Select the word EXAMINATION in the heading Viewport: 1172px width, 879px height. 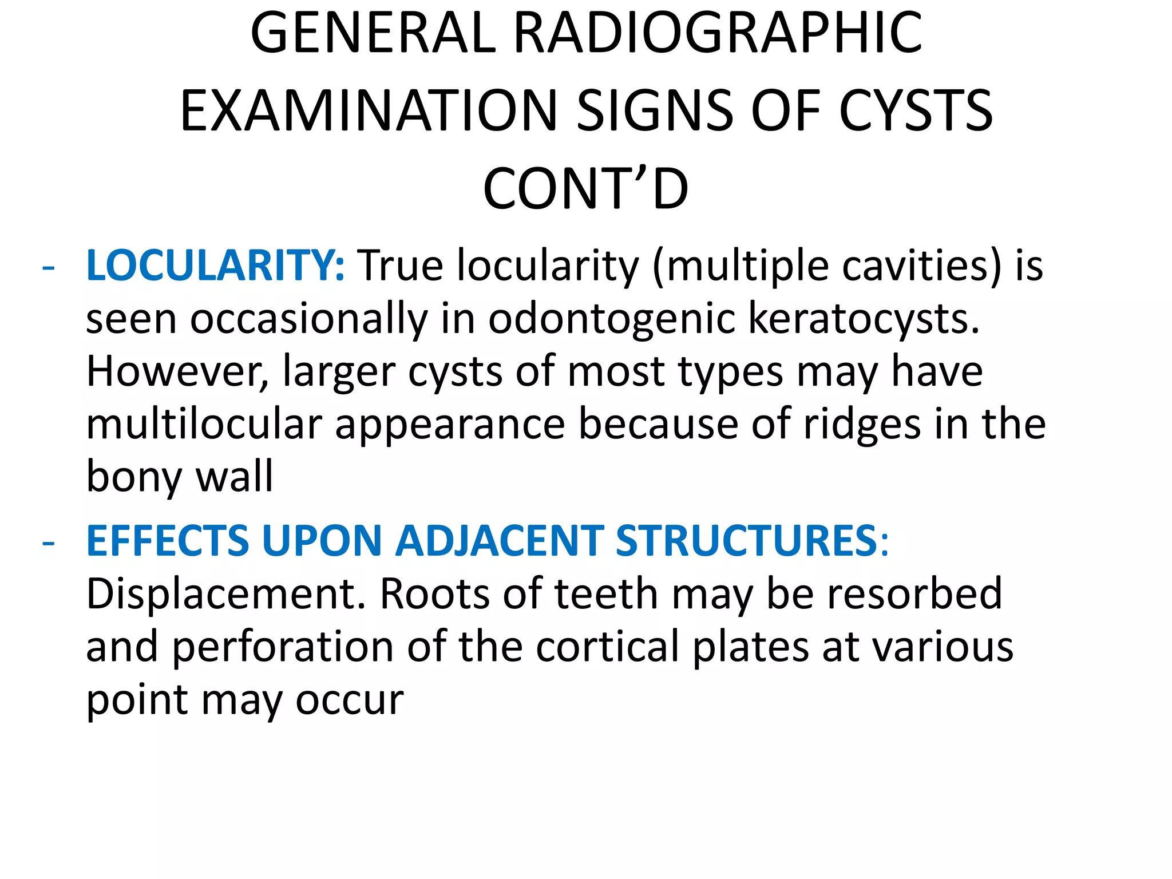point(369,111)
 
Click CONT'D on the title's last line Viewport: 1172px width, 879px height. point(585,189)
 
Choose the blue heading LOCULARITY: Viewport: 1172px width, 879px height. point(215,266)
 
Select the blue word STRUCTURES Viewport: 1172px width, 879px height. point(746,541)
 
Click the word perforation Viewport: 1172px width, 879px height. point(283,647)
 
